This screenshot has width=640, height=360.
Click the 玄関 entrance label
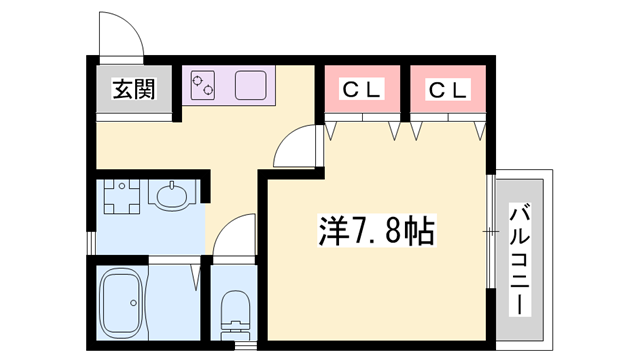pos(132,91)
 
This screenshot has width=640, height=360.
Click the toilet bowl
pos(234,311)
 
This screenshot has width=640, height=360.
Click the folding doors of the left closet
pos(362,128)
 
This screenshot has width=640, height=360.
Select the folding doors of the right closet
pos(447,128)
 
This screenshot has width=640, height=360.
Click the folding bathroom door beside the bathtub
pos(198,290)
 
